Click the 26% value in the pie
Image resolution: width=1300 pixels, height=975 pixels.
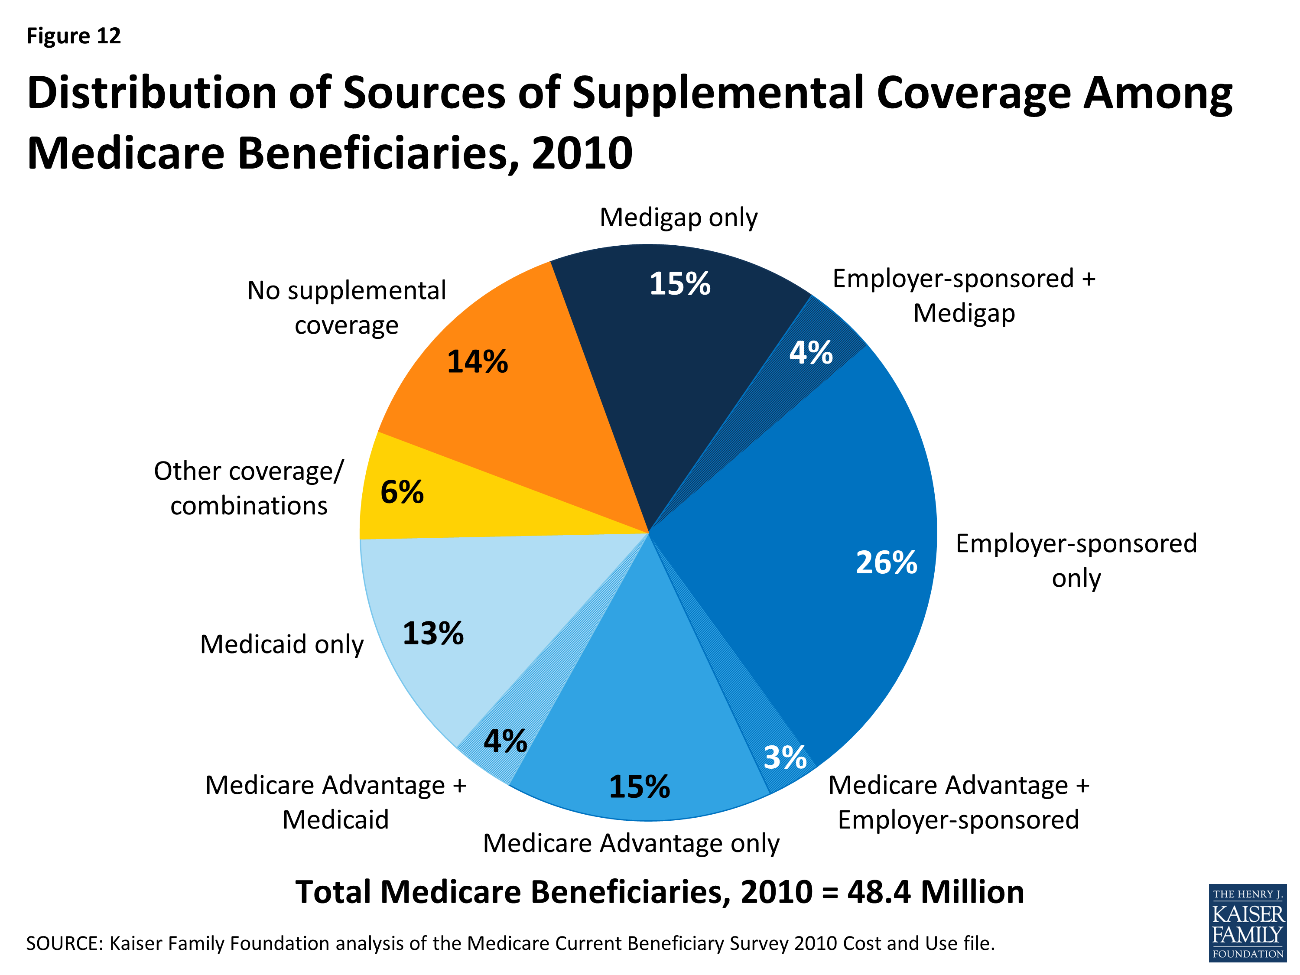coord(886,562)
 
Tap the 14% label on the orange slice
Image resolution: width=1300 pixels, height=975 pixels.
coord(477,361)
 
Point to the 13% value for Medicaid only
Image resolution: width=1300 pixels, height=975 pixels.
coord(433,634)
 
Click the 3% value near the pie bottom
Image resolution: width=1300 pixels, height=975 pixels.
coord(785,757)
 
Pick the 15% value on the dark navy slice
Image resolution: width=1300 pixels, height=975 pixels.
coord(679,284)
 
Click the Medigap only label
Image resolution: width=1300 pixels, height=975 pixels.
coord(678,218)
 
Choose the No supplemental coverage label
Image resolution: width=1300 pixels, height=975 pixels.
coord(347,307)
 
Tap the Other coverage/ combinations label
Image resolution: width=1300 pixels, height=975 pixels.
coord(249,488)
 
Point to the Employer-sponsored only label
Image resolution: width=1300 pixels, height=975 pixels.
coord(1076,561)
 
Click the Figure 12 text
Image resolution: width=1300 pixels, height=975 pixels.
coord(74,36)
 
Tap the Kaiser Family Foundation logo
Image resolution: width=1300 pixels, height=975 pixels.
coord(1247,923)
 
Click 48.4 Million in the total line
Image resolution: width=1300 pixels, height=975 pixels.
coord(936,892)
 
